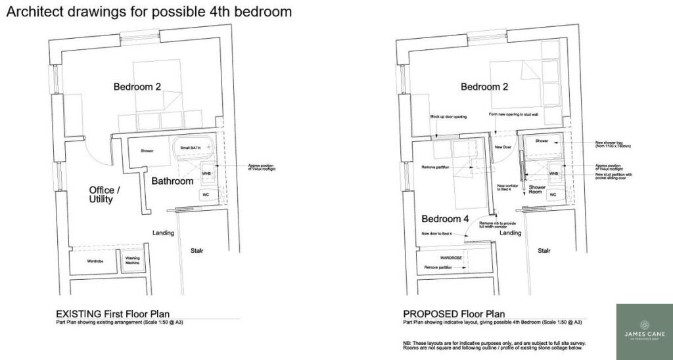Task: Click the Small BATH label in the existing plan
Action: click(x=189, y=148)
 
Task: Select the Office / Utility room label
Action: click(x=101, y=194)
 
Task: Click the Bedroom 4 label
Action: click(x=445, y=219)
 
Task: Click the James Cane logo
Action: click(x=644, y=331)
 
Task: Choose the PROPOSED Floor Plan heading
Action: click(x=453, y=314)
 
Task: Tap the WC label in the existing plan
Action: click(x=205, y=195)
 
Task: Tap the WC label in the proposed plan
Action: click(x=553, y=195)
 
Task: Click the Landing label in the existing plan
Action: click(x=163, y=233)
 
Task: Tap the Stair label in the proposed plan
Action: click(x=544, y=250)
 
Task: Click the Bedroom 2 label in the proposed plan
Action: click(x=484, y=87)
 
